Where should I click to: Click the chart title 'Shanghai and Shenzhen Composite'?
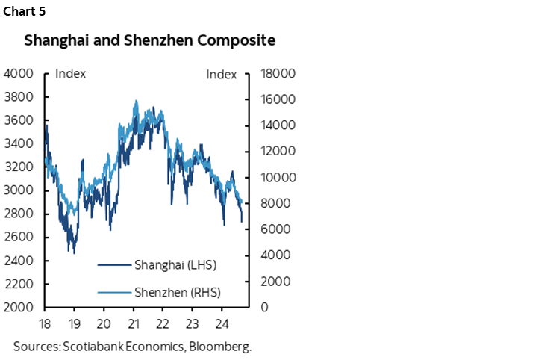pos(149,40)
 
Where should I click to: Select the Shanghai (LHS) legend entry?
pos(175,264)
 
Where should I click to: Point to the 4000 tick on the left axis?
pos(19,74)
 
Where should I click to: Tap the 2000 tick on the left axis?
pos(19,308)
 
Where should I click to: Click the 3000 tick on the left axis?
pos(19,190)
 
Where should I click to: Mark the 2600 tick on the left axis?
pos(19,238)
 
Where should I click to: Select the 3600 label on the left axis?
pos(19,120)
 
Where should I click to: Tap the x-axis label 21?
pos(134,325)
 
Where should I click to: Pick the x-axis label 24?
pos(221,325)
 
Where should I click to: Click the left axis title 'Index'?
pos(71,74)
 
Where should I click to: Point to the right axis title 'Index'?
pos(221,75)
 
